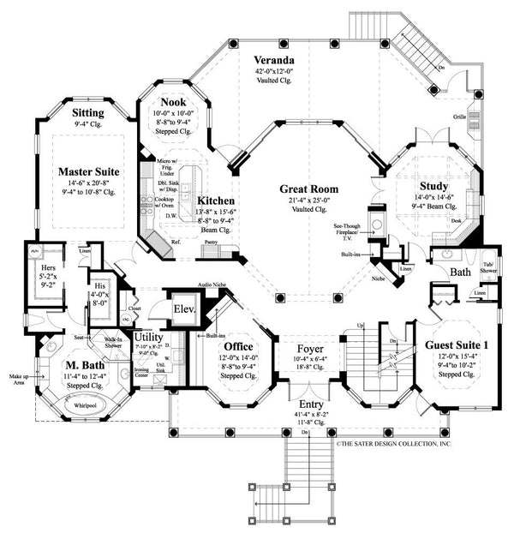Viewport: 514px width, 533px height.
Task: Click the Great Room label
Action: coord(308,188)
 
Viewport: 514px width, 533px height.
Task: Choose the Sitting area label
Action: coord(89,112)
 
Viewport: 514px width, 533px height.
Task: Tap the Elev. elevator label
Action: coord(184,309)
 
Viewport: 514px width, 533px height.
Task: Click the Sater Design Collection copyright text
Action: coord(395,444)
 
